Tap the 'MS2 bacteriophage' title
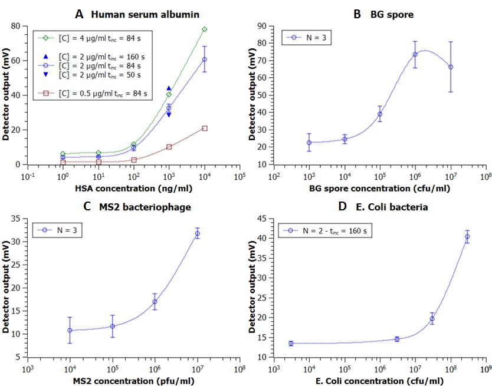[135, 207]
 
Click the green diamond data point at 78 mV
[205, 29]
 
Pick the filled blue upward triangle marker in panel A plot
[169, 88]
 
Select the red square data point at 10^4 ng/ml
[205, 128]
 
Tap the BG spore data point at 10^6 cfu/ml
[415, 55]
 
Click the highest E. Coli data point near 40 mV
[467, 237]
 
